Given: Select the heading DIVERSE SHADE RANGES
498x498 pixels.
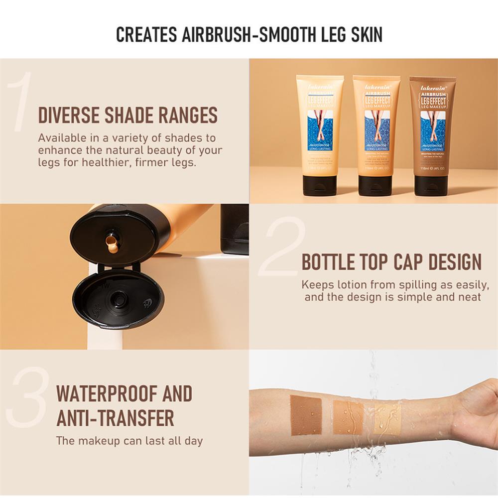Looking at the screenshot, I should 128,115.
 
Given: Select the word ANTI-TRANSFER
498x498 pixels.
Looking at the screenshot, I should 115,418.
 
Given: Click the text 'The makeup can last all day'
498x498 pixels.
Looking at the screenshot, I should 129,441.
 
